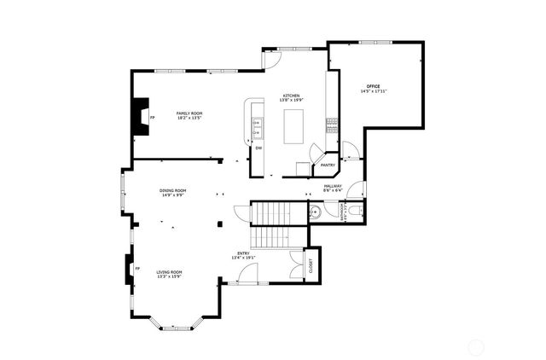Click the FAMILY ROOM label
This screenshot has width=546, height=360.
(x=189, y=113)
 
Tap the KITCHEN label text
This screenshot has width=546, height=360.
(x=292, y=96)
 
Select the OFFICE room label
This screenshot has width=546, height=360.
(x=373, y=86)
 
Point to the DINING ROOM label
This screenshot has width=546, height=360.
(x=172, y=190)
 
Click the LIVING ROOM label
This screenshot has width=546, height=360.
(x=169, y=272)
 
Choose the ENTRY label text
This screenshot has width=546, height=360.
(x=242, y=253)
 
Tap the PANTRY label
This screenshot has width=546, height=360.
(x=327, y=165)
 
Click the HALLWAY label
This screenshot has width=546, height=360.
(x=333, y=186)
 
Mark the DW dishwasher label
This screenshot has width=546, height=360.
(x=258, y=147)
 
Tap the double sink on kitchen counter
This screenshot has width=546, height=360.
(x=256, y=129)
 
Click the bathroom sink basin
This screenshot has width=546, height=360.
(x=314, y=213)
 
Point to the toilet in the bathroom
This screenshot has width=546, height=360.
(x=357, y=209)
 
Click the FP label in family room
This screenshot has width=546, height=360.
(x=153, y=117)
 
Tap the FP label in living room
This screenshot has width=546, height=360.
(x=136, y=269)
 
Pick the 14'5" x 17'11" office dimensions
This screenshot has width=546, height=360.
(x=374, y=91)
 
